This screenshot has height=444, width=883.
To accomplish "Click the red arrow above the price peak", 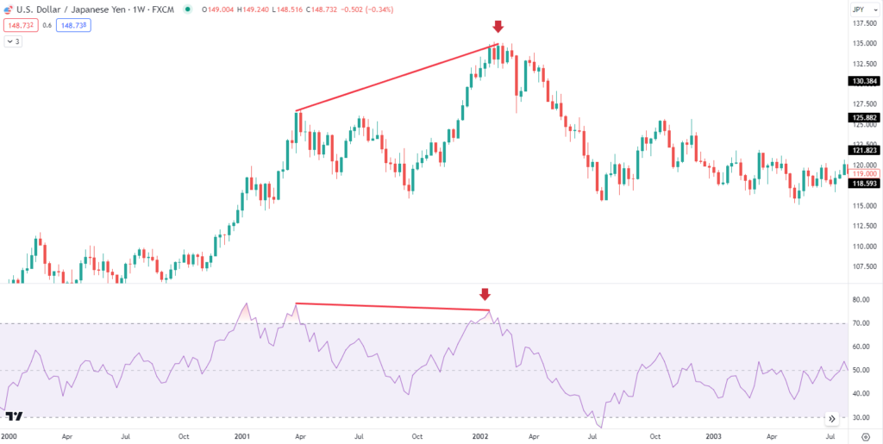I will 498,27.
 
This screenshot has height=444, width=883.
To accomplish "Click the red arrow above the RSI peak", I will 485,295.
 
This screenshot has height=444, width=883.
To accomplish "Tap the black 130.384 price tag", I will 863,81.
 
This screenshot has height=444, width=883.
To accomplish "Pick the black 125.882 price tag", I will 863,117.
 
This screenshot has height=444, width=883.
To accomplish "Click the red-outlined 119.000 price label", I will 863,173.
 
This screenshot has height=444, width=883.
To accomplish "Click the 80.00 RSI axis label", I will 861,300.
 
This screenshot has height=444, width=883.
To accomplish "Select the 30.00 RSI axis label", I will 861,417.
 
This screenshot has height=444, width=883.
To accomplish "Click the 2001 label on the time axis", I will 243,436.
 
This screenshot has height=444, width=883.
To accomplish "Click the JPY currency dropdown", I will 859,9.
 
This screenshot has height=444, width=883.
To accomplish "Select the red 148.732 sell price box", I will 21,26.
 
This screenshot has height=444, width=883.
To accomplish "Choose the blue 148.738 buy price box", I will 74,26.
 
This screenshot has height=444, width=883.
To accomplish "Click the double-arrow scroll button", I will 831,418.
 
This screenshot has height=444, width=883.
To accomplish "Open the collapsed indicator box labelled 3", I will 15,41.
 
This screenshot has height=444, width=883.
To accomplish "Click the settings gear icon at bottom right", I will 866,436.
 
